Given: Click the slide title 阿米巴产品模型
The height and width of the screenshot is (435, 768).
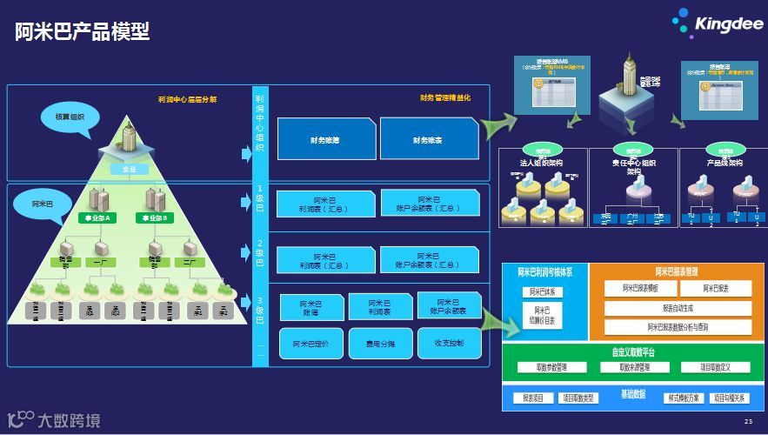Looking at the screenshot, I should click(82, 32).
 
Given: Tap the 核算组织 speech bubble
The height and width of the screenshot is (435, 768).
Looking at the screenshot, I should click(70, 116).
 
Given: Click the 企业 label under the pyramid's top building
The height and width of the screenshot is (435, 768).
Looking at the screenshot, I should click(129, 170).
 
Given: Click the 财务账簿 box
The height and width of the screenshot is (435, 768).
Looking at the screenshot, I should click(324, 139).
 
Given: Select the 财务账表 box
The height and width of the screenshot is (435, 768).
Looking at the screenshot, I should click(428, 139).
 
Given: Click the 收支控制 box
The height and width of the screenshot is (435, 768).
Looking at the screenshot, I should click(449, 344).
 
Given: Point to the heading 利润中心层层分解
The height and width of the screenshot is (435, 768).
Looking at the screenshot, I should click(187, 99).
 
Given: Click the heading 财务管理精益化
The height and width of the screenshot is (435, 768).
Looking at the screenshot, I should click(444, 98).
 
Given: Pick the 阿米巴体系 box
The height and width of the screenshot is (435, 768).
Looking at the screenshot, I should click(543, 292).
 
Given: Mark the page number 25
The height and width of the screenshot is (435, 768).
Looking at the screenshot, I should click(748, 421).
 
